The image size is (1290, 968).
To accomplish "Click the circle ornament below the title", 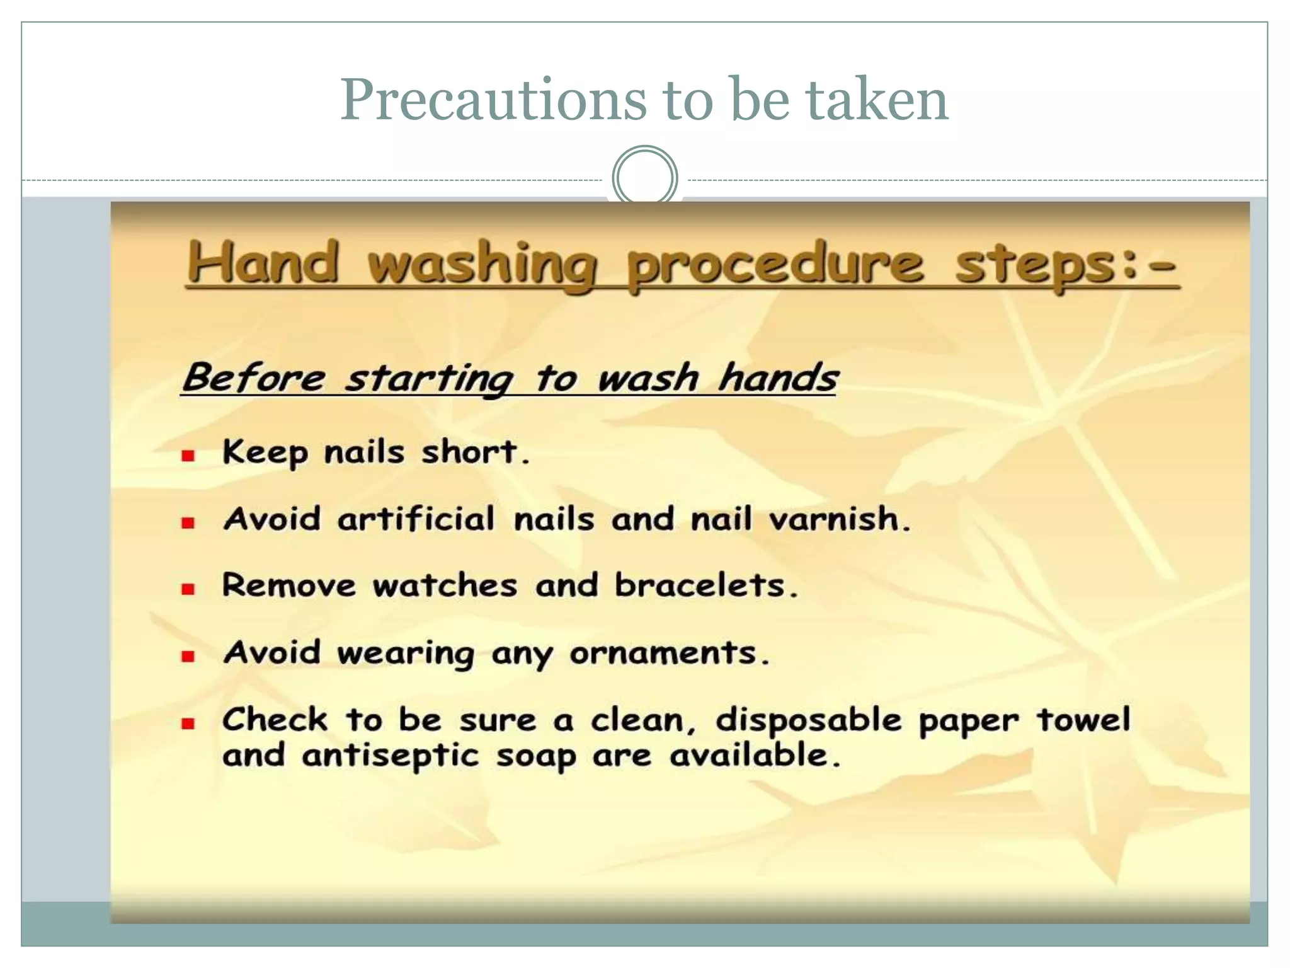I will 644,177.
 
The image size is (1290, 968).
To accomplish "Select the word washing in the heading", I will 482,265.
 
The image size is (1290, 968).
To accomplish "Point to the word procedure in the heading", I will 775,265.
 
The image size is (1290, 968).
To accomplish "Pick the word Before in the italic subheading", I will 254,378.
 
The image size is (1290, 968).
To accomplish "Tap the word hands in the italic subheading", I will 778,378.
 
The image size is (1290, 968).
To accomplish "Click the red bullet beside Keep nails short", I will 188,456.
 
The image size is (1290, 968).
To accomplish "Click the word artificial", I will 416,519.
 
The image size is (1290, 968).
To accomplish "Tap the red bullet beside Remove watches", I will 188,589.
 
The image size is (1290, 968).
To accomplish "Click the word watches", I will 445,585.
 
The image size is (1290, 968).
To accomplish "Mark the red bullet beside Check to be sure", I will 188,723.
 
